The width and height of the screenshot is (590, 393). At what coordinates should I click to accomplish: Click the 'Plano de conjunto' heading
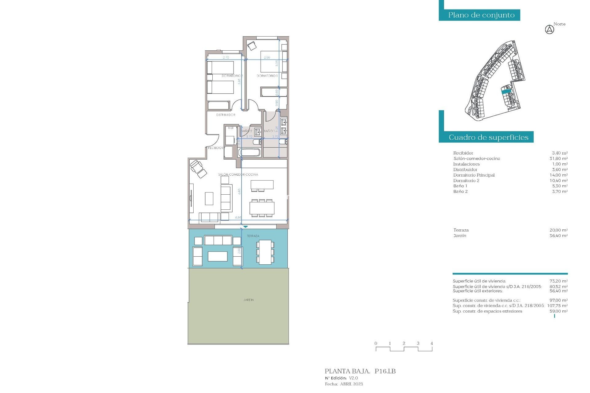(x=481, y=15)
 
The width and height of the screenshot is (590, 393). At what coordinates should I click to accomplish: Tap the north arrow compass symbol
(x=549, y=30)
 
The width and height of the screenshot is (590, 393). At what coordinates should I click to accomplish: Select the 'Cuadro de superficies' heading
(x=488, y=137)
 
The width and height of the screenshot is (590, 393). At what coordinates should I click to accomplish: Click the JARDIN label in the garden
(x=249, y=300)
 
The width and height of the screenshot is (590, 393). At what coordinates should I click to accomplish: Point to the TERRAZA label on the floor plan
(x=253, y=236)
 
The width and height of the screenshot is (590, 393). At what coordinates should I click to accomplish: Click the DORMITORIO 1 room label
(x=267, y=76)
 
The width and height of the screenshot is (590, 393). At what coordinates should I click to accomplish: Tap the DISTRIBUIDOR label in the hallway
(x=226, y=115)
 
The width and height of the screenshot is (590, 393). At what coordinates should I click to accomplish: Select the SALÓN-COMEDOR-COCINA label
(x=238, y=174)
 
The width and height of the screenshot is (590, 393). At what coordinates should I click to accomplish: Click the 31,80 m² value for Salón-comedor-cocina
(x=558, y=158)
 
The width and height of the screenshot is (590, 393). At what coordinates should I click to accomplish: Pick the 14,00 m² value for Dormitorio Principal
(x=558, y=175)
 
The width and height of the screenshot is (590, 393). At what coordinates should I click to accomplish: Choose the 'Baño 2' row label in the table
(x=460, y=191)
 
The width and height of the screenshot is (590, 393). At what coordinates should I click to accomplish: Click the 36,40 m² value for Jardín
(x=558, y=235)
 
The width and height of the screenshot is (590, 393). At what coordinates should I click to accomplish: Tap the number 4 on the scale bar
(x=432, y=343)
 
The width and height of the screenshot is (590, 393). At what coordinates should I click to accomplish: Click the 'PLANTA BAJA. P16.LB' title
(x=360, y=371)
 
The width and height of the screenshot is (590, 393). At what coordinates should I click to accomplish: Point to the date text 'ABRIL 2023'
(x=351, y=384)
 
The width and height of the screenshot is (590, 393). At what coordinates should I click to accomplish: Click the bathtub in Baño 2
(x=249, y=152)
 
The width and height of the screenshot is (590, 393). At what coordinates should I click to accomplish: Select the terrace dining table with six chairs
(x=265, y=252)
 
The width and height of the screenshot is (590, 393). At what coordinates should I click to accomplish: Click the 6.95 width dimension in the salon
(x=238, y=217)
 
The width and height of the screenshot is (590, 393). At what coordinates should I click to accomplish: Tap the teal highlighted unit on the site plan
(x=506, y=91)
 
